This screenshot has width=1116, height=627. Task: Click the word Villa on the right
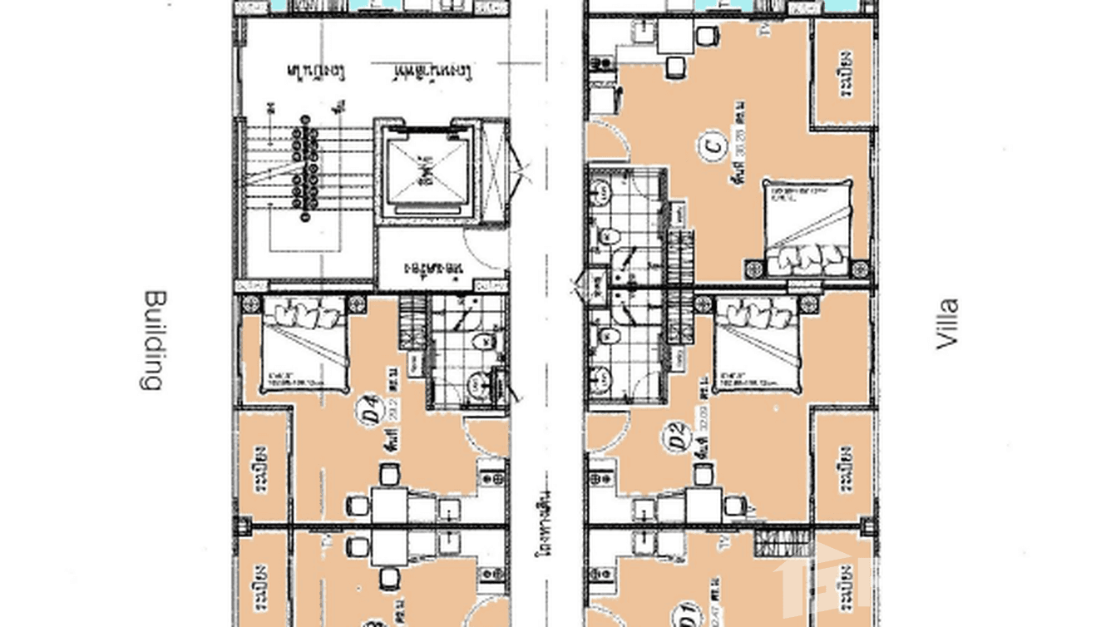click(946, 323)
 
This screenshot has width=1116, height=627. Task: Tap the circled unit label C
click(711, 148)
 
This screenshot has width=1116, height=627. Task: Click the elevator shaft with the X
click(424, 171)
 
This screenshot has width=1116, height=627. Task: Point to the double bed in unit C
click(807, 226)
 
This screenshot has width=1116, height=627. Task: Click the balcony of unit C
click(842, 72)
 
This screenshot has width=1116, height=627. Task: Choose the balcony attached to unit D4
click(264, 467)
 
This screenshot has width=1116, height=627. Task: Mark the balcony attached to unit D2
click(842, 467)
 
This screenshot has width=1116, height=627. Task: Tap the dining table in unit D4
click(388, 502)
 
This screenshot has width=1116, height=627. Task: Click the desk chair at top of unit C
click(708, 37)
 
